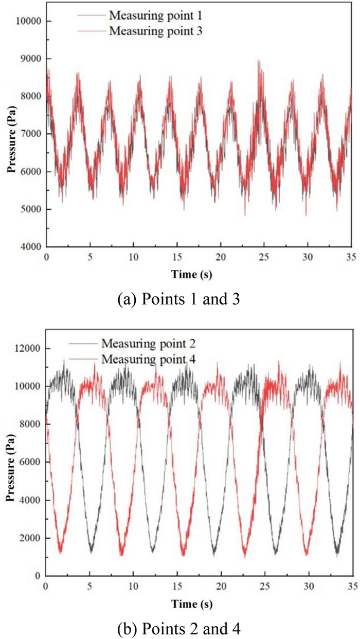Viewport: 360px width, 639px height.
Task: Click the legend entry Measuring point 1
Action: (x=147, y=16)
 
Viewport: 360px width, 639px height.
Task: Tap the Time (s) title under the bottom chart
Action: (x=191, y=603)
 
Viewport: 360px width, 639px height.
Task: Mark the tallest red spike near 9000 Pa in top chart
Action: (x=259, y=61)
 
